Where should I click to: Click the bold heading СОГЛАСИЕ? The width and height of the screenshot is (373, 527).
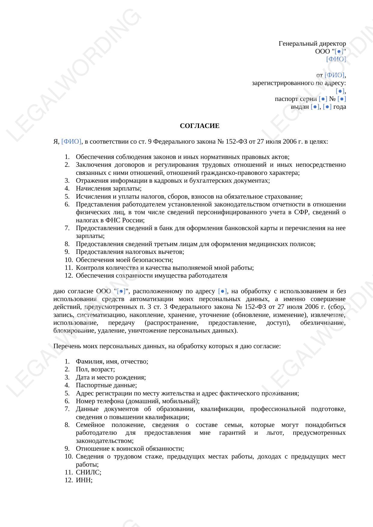pos(200,126)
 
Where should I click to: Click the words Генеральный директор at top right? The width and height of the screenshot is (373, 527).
pos(312,44)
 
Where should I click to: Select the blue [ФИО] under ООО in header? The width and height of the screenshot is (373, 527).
pos(336,59)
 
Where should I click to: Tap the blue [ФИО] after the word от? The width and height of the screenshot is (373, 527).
pos(334,75)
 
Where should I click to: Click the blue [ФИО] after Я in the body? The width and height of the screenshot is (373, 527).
pos(71,141)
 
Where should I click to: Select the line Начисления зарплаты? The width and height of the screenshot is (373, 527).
pos(109,188)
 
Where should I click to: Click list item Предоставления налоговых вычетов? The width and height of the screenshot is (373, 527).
pos(130,252)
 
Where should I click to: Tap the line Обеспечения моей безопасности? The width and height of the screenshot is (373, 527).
pos(124,260)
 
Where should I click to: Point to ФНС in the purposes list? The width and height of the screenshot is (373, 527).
pos(113,220)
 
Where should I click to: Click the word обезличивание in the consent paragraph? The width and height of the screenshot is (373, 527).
pos(323,323)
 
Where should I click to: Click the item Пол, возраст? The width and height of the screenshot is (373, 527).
pos(95,369)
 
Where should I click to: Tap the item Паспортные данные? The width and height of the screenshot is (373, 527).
pos(106,385)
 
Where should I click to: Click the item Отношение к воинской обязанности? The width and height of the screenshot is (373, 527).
pos(130,449)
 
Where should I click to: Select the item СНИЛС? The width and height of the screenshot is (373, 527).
pos(88,472)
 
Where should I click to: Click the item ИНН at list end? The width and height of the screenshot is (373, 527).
pos(84,480)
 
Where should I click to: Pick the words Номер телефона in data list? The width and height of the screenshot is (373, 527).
pos(99,401)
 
